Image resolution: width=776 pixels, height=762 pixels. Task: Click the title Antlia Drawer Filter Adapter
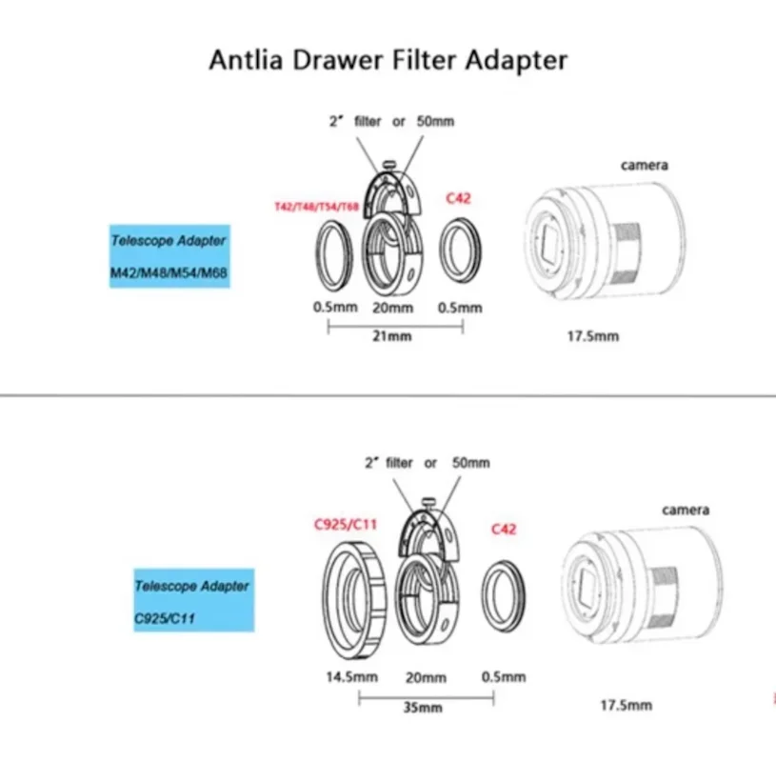388,60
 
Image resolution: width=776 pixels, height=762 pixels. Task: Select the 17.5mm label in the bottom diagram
625,705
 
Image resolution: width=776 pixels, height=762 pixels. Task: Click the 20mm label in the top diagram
391,308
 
